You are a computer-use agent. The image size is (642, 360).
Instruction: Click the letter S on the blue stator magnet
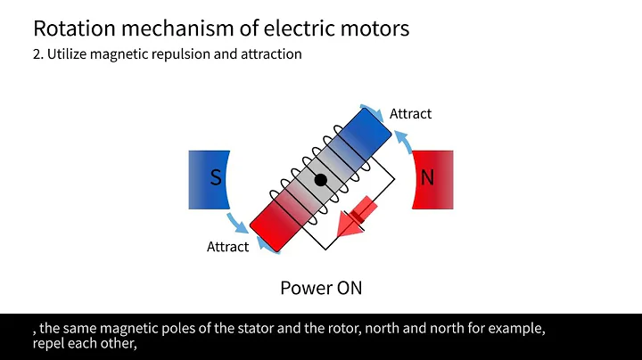(216, 178)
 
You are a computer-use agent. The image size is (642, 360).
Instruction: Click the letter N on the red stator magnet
(427, 178)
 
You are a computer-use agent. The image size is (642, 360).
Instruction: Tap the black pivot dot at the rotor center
(320, 180)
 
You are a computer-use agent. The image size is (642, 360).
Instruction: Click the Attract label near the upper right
(410, 114)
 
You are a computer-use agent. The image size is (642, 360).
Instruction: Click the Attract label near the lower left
(227, 247)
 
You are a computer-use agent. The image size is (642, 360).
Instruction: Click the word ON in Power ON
(346, 288)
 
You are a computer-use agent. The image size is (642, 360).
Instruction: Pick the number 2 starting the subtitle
(36, 54)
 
